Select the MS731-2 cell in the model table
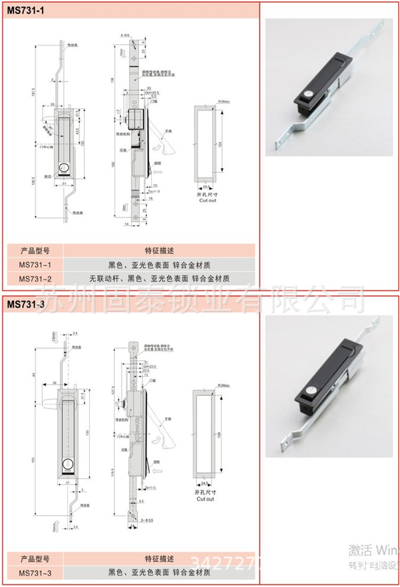click(35, 278)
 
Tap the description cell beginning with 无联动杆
click(159, 278)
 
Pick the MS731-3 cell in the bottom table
click(35, 573)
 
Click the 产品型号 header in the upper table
click(35, 250)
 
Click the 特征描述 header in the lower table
click(159, 559)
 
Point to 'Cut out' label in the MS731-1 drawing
click(208, 201)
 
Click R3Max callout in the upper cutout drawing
click(223, 101)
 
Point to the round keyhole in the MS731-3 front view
click(68, 464)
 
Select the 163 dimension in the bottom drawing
click(33, 459)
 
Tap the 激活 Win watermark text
click(373, 550)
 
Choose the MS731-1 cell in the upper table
click(35, 264)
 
